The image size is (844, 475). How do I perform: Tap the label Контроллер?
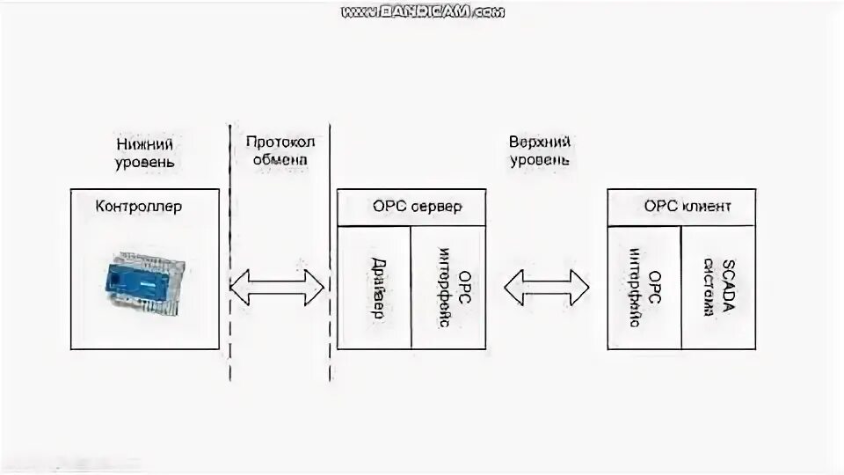coord(139,207)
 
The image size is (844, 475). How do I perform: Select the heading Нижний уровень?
coord(144,152)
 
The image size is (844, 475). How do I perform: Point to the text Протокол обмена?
coord(280,151)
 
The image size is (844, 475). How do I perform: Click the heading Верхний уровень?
coord(539,151)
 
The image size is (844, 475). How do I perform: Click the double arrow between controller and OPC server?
coord(277,287)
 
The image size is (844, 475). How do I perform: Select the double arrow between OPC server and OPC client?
coord(546,287)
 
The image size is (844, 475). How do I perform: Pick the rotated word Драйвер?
coord(375,287)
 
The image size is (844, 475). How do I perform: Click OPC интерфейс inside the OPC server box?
coord(447,288)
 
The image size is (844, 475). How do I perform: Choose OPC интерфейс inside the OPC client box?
coord(644,287)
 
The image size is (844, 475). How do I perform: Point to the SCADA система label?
coord(718,287)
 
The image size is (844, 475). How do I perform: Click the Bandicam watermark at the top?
coord(423,11)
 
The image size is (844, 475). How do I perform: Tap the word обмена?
coord(279,161)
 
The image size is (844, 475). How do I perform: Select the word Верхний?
coord(540,142)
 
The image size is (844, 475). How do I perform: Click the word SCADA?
coord(727,287)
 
